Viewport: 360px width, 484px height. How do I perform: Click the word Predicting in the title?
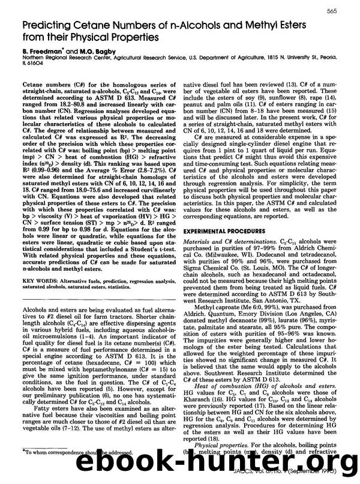coord(50,28)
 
